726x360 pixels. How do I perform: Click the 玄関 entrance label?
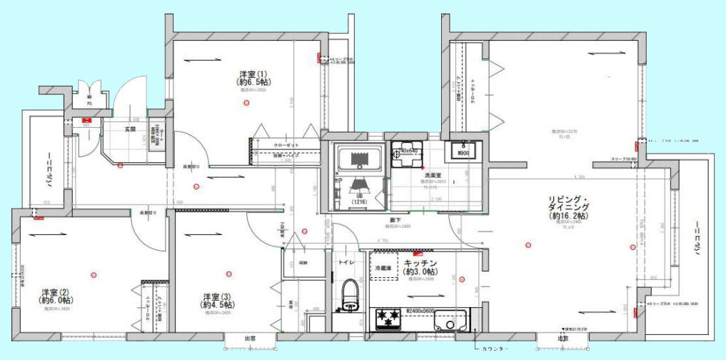(x=131, y=129)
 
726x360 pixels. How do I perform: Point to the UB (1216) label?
(x=358, y=199)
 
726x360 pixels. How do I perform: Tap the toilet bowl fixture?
(x=349, y=293)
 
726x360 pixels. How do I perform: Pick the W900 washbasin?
(x=463, y=151)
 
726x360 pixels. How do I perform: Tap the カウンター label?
(x=497, y=349)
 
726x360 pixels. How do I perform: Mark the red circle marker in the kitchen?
(x=460, y=279)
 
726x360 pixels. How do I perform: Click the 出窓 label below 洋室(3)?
(x=250, y=339)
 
